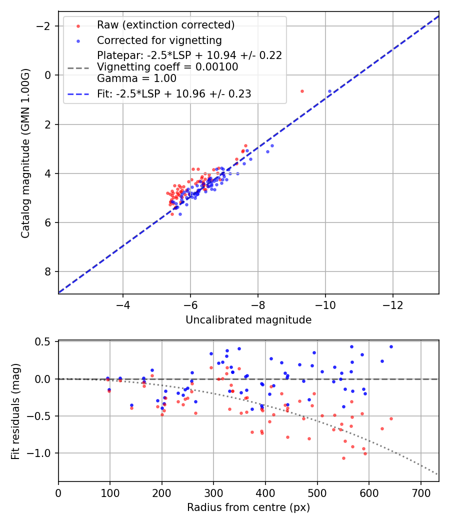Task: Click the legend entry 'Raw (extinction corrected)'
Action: tap(165, 25)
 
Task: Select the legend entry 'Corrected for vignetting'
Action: tap(159, 40)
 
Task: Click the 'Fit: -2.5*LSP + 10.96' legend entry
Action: tap(174, 93)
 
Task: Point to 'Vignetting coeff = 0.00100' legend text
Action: tap(167, 67)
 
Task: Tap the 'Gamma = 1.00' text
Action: tap(136, 78)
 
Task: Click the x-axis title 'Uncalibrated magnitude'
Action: tap(248, 320)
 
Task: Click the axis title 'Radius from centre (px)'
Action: tap(248, 507)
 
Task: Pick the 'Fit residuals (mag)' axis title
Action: tap(15, 410)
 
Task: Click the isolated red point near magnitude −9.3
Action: tap(302, 91)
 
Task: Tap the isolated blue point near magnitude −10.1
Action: tap(329, 91)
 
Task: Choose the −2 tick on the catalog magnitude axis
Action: tap(46, 26)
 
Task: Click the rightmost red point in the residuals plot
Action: tap(391, 418)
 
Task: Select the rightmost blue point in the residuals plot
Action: tap(391, 346)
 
